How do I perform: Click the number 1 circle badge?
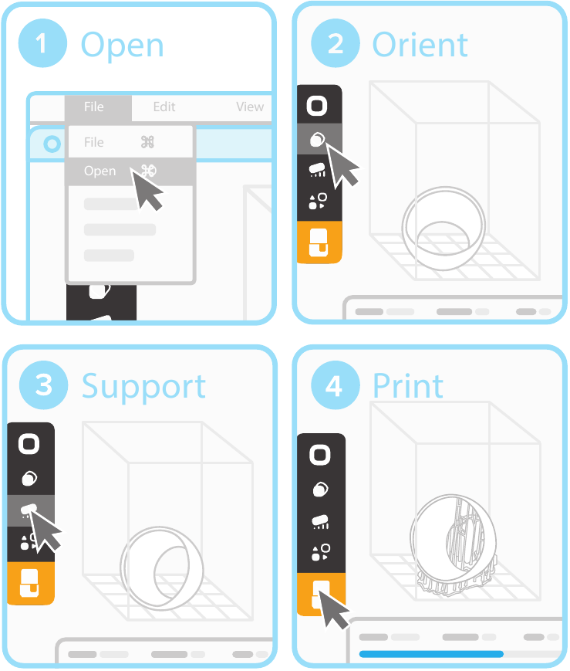(42, 43)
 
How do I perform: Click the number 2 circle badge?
(335, 43)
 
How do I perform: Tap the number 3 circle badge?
(43, 385)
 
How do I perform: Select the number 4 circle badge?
(335, 385)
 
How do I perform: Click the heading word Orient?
(420, 45)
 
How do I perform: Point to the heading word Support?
(143, 386)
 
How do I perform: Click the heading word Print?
(408, 386)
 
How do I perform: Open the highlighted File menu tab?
(94, 107)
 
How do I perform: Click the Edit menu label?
(164, 107)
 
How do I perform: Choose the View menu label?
(250, 107)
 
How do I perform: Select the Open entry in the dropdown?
(100, 171)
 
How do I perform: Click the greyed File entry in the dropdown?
(94, 142)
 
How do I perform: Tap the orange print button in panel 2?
(319, 242)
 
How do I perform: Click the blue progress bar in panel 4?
(431, 654)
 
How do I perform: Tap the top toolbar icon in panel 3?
(31, 443)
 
